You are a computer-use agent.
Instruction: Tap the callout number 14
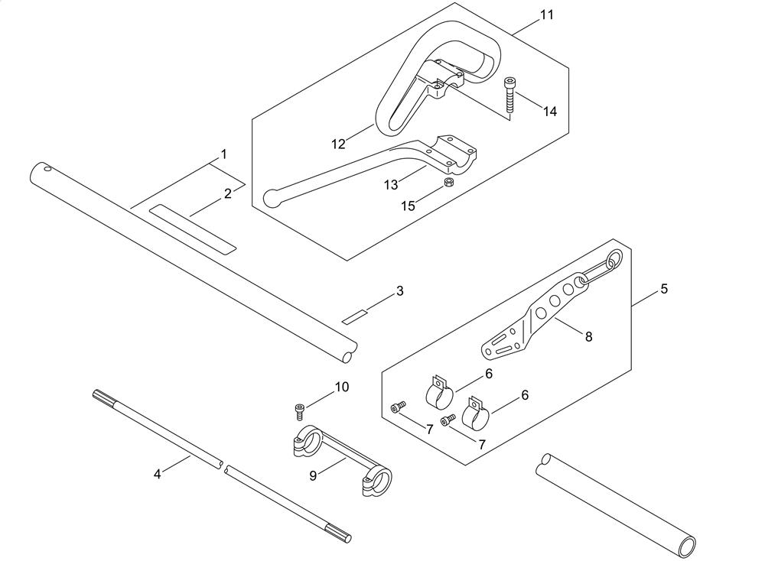550,112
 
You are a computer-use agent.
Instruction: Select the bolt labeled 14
509,95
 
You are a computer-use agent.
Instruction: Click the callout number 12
339,143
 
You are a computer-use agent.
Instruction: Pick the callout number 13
391,184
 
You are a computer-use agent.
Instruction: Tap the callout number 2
227,194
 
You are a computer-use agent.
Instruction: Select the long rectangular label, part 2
192,228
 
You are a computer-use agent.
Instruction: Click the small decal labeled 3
354,316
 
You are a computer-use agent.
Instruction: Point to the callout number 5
664,289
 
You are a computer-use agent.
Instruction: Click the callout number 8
588,336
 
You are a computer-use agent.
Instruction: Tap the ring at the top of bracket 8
613,261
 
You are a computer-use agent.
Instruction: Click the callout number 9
313,475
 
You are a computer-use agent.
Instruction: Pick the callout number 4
158,474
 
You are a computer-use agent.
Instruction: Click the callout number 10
341,388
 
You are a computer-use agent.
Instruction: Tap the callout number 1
223,154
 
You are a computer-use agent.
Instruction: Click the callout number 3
399,291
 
